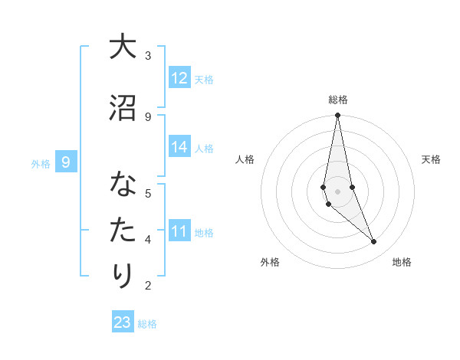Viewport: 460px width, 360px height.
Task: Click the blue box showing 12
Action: [x=179, y=78]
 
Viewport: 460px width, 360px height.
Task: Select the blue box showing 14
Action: [x=179, y=147]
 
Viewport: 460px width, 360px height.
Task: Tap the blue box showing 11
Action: [x=179, y=231]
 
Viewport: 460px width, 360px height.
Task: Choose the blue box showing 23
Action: [x=123, y=322]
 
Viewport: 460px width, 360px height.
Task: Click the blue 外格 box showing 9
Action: [x=66, y=162]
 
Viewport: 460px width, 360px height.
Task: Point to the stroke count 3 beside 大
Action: [x=148, y=56]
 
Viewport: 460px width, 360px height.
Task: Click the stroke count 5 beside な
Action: [x=148, y=193]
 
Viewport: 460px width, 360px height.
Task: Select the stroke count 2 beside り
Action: [x=148, y=286]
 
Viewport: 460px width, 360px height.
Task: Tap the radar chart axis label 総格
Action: [x=337, y=100]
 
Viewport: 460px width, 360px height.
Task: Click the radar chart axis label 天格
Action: [x=431, y=159]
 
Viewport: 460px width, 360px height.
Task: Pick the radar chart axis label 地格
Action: [x=402, y=262]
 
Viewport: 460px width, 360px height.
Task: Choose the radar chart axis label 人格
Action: [x=245, y=159]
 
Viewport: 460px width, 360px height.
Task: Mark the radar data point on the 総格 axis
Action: [x=337, y=116]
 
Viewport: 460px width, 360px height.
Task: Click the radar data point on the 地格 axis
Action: [x=374, y=242]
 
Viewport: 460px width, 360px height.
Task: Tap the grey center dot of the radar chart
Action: [x=337, y=191]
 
